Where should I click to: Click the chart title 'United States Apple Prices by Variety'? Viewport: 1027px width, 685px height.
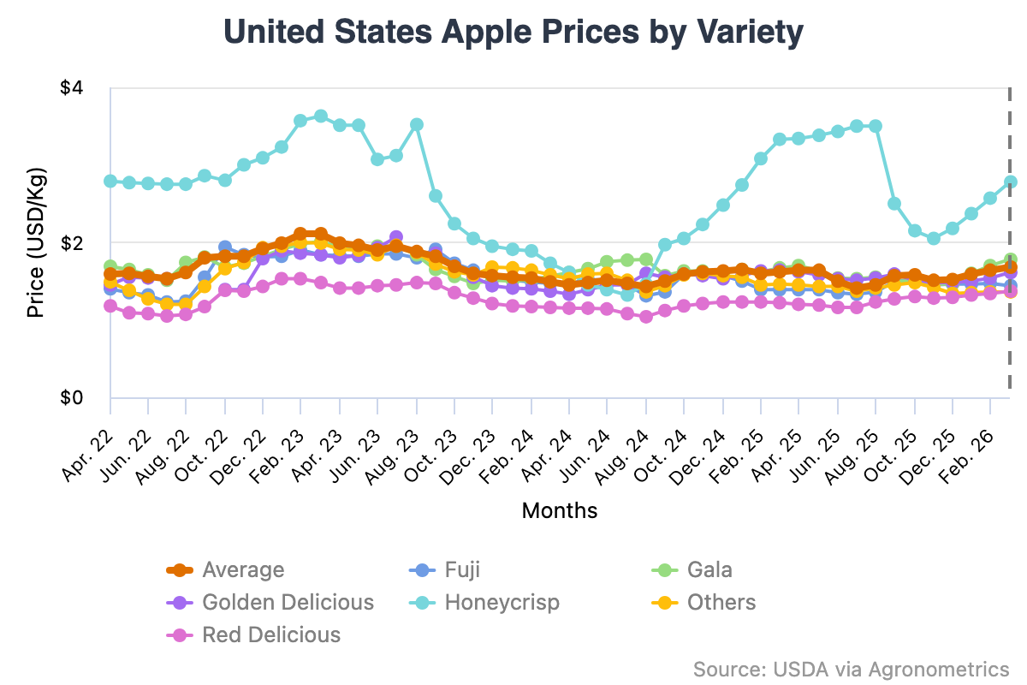(513, 33)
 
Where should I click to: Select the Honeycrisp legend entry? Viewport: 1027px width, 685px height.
(502, 603)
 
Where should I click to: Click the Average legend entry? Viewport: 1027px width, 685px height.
(243, 570)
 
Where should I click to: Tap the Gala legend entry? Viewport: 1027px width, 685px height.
(709, 570)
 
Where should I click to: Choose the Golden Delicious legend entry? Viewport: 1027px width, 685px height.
(288, 603)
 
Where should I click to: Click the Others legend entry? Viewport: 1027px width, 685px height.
(721, 603)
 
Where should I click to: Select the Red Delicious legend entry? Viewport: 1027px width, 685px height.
(270, 635)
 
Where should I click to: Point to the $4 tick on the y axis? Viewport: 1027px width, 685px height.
(73, 88)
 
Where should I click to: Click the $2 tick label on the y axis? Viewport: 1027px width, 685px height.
(73, 243)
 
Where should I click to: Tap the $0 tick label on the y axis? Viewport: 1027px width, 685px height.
(73, 398)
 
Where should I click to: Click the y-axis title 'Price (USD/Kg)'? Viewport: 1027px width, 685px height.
(35, 243)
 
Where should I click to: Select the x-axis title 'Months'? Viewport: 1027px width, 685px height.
(559, 511)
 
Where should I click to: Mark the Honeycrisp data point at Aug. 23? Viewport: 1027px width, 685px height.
(417, 124)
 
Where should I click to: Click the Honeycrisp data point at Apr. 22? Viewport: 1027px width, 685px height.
(110, 181)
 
